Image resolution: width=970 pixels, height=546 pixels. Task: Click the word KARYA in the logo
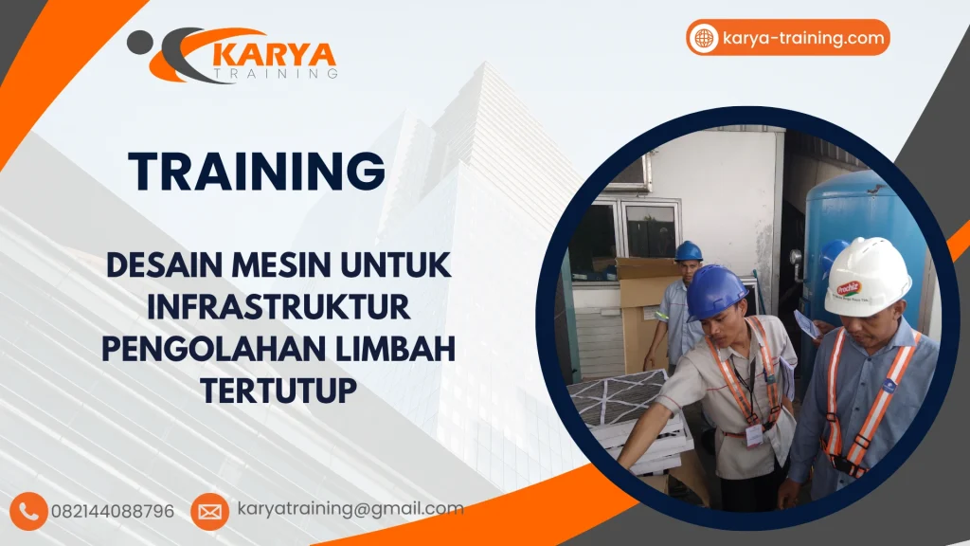coord(274,56)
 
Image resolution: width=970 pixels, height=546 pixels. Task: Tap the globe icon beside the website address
coord(704,38)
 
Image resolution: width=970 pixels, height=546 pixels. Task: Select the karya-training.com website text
coord(803,38)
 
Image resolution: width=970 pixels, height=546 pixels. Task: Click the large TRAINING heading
coord(257,171)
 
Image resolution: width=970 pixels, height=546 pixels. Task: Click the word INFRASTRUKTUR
coord(278,306)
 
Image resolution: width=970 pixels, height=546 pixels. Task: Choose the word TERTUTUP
coord(279,390)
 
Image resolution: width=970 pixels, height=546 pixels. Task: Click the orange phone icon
coord(28,511)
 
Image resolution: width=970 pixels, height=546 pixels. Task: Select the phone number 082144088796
coord(113,511)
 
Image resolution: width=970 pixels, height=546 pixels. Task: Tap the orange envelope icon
coord(209,511)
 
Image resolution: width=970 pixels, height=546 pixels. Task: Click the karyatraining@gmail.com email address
coord(350,509)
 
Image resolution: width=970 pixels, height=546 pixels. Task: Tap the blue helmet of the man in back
coord(688,251)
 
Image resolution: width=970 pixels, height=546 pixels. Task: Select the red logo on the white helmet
coord(848,288)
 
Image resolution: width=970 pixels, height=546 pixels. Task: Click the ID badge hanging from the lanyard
coord(753,435)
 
